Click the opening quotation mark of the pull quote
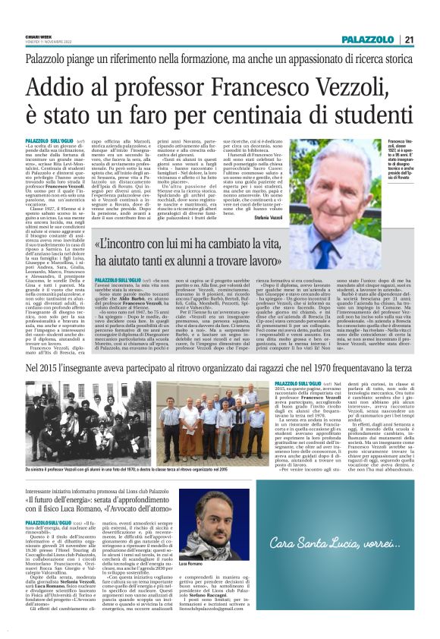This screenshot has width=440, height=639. click(98, 246)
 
